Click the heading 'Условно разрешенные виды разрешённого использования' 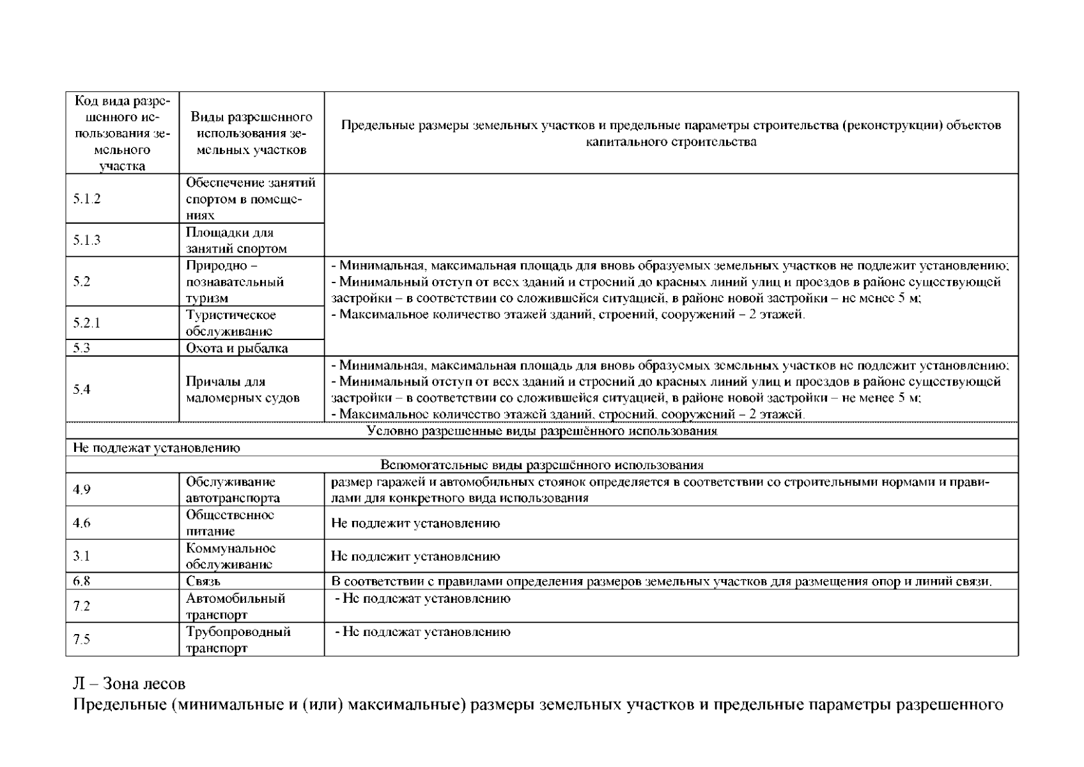(542, 431)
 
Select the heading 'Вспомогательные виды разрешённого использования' (542, 465)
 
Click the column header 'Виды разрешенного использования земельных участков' (251, 133)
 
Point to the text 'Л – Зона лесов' (129, 684)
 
